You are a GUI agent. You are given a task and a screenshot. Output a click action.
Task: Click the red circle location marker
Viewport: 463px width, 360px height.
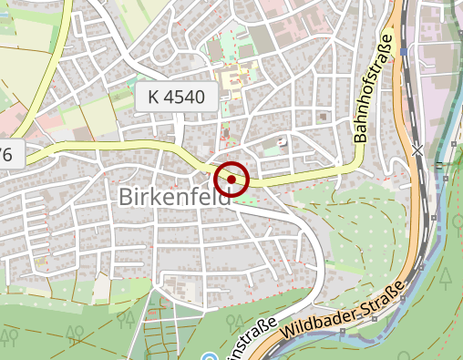tap(231, 180)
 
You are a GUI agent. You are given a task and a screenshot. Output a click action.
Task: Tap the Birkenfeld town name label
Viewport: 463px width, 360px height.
tap(178, 197)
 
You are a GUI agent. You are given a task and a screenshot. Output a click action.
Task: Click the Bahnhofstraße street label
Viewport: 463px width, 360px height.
tap(372, 89)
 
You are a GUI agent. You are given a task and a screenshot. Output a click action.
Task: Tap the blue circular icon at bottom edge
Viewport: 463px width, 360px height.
tap(209, 356)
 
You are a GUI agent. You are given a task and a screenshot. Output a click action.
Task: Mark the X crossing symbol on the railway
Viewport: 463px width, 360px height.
tap(417, 149)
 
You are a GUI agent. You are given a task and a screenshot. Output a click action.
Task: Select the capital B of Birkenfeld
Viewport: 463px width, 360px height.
tap(126, 197)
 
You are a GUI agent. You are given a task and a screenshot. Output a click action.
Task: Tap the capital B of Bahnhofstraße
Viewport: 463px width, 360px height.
tap(359, 138)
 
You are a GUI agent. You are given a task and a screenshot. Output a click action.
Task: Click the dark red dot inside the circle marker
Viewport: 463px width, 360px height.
tap(231, 180)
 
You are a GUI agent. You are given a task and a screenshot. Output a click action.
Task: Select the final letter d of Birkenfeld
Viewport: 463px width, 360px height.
tap(230, 197)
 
